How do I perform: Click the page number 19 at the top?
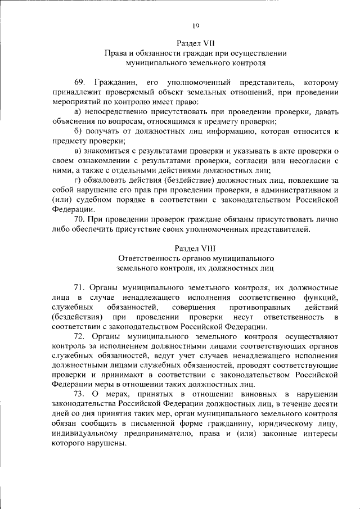tap(196, 25)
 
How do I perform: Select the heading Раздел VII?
tap(195, 42)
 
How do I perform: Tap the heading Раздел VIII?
tap(195, 247)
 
